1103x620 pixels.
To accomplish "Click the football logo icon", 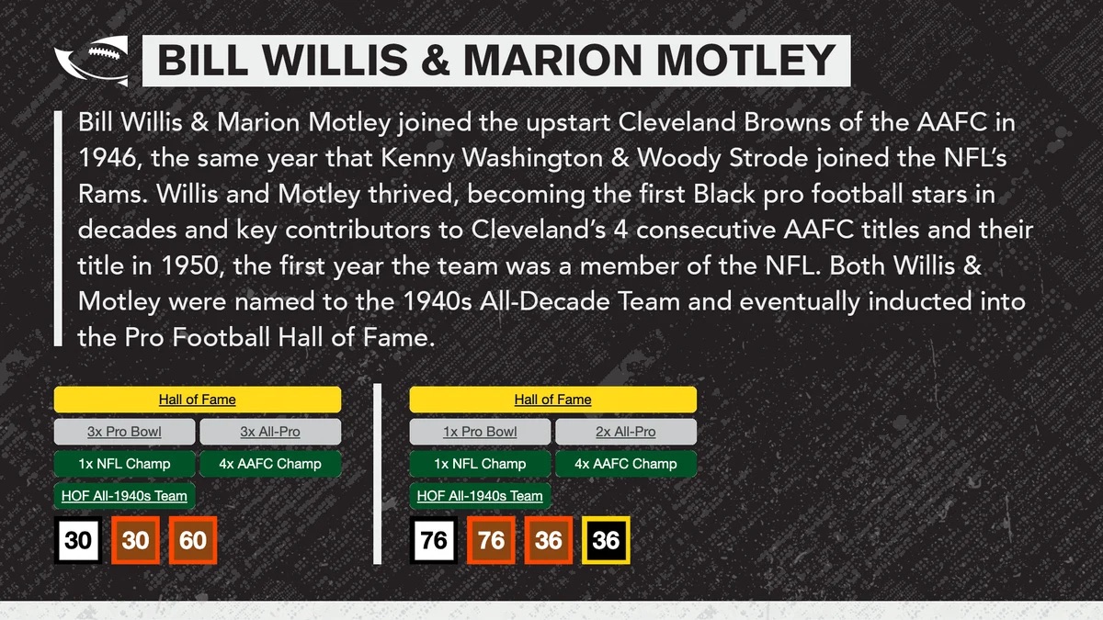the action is pos(92,61).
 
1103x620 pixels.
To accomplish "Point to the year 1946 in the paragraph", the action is pos(107,158).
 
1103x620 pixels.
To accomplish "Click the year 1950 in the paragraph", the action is pos(189,265).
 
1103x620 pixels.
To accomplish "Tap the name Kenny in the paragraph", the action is pos(417,158).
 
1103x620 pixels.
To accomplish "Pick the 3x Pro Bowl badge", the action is pos(124,432).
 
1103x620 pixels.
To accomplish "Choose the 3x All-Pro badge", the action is pos(270,432).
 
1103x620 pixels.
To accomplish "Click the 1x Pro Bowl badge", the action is pos(480,432).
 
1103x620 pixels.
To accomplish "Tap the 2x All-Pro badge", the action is pos(625,432).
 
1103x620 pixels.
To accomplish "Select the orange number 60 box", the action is pos(192,540).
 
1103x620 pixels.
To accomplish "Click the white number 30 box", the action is pos(78,540).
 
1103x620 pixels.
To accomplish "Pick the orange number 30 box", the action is pos(135,540).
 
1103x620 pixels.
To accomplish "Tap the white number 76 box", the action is pos(433,540).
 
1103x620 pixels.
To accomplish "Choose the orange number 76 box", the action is pos(491,540).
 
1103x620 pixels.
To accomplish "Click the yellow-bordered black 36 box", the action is pos(606,540).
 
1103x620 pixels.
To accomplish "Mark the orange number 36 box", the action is pos(549,540).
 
